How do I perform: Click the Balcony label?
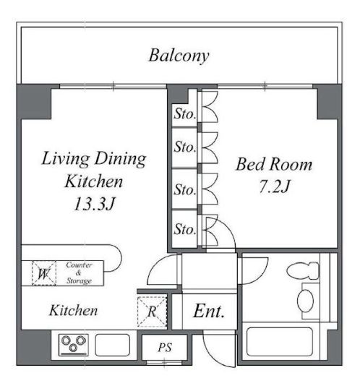179,56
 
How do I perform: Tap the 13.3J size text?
94,204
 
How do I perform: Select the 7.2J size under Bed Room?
275,186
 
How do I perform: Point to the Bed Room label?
274,164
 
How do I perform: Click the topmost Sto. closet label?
185,113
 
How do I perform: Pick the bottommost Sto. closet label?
185,229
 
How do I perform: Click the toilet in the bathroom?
304,270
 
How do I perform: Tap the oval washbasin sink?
305,301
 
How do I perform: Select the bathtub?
280,341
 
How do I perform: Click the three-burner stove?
74,345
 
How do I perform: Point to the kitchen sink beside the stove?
113,345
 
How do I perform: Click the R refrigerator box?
152,312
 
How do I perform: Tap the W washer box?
44,273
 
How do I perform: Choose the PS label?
165,348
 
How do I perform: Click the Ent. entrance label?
209,311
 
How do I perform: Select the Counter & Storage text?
79,273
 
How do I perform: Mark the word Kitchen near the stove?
74,311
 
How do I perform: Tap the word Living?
65,159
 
